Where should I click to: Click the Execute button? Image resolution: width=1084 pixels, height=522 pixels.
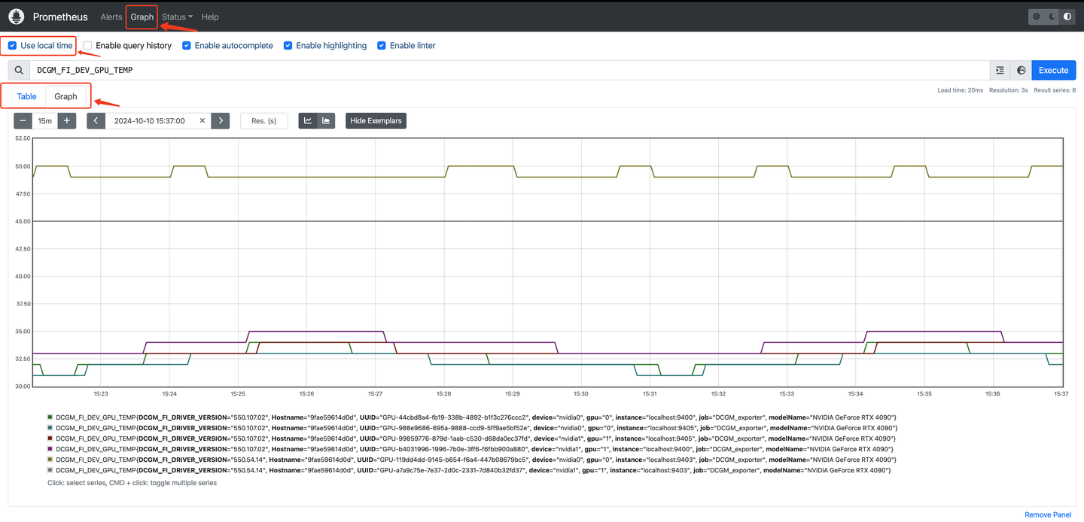(x=1053, y=70)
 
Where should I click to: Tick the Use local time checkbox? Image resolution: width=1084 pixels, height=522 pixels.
(x=12, y=46)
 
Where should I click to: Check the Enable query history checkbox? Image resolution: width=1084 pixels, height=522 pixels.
(x=88, y=46)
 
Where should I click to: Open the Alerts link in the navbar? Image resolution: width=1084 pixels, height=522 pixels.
(x=111, y=17)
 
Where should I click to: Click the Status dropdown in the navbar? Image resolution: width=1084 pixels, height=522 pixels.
(x=177, y=17)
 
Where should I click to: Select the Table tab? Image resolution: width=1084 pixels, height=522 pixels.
(x=26, y=96)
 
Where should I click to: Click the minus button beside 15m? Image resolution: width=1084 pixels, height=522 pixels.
(x=23, y=120)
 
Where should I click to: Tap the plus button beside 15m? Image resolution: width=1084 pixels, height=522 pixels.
(x=67, y=120)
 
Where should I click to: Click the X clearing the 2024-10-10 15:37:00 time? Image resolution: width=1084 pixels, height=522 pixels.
(x=202, y=120)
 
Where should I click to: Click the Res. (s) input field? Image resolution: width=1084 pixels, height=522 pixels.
(x=263, y=120)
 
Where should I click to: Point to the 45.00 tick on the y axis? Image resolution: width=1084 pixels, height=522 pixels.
(x=23, y=221)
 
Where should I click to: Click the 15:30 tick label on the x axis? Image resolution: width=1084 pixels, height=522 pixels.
(x=580, y=393)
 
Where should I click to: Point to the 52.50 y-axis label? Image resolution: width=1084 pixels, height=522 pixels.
(x=23, y=138)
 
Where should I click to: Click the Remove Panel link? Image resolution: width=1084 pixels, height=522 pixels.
(x=1048, y=514)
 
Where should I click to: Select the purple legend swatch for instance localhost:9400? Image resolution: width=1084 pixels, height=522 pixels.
(x=50, y=449)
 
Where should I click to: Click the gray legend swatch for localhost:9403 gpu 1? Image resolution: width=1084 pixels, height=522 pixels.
(x=50, y=470)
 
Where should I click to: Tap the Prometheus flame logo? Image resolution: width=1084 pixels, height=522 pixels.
(x=17, y=17)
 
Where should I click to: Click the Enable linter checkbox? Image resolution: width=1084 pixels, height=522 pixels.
(x=382, y=46)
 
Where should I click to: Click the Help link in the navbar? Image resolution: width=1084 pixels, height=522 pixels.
(x=210, y=17)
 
